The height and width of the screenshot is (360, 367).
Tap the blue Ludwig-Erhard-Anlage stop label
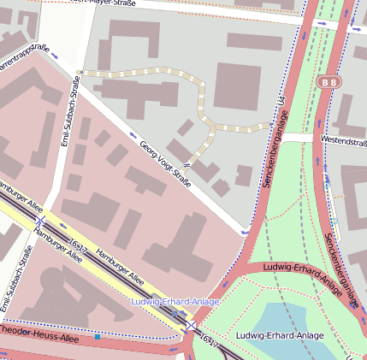(x=175, y=303)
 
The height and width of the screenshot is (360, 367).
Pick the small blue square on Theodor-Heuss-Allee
(x=98, y=337)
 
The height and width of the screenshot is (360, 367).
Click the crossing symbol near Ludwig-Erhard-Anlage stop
(x=192, y=327)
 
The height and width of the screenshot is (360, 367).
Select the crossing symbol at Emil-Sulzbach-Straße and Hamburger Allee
(x=39, y=222)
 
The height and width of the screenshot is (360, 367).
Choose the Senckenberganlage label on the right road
(x=341, y=269)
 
